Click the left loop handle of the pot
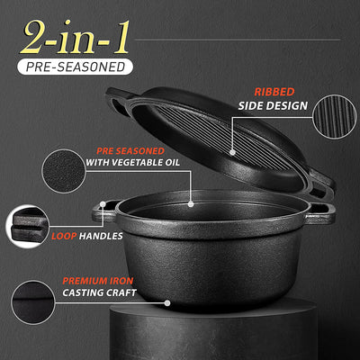[x=102, y=213]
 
